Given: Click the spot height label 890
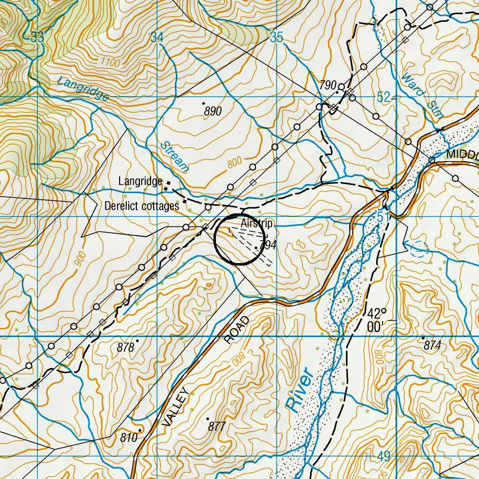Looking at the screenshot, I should click(x=213, y=111).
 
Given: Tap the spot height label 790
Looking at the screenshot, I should click(x=328, y=85).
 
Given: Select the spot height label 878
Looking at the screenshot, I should click(x=125, y=347).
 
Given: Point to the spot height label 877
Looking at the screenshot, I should click(x=216, y=426).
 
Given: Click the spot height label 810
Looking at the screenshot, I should click(x=129, y=437).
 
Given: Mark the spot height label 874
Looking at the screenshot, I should click(x=432, y=346).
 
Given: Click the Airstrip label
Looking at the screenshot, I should click(x=256, y=224).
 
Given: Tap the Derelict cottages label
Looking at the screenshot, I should click(x=141, y=206).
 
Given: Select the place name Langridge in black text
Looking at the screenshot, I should click(x=140, y=181).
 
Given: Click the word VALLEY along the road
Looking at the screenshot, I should click(x=176, y=408).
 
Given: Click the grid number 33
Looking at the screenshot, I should click(x=37, y=37).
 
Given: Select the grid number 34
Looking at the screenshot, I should click(x=157, y=37).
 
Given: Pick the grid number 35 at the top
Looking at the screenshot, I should click(x=276, y=37).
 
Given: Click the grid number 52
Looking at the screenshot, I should click(x=384, y=97).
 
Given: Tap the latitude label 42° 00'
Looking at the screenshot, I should click(x=377, y=320).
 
